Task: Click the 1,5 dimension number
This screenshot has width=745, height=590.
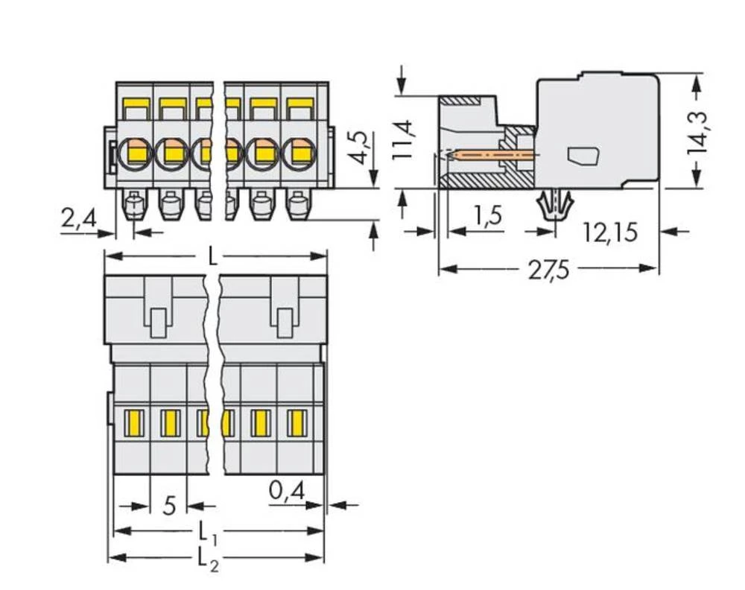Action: [488, 216]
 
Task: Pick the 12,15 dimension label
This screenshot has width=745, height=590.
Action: [610, 232]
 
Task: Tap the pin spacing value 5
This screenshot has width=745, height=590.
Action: [169, 507]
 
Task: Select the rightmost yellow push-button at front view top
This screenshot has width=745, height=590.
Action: [299, 104]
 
